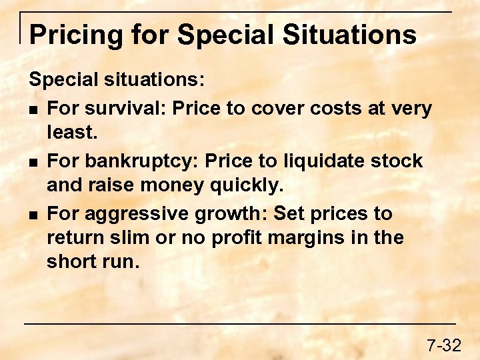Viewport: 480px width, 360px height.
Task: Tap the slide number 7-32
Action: (443, 345)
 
